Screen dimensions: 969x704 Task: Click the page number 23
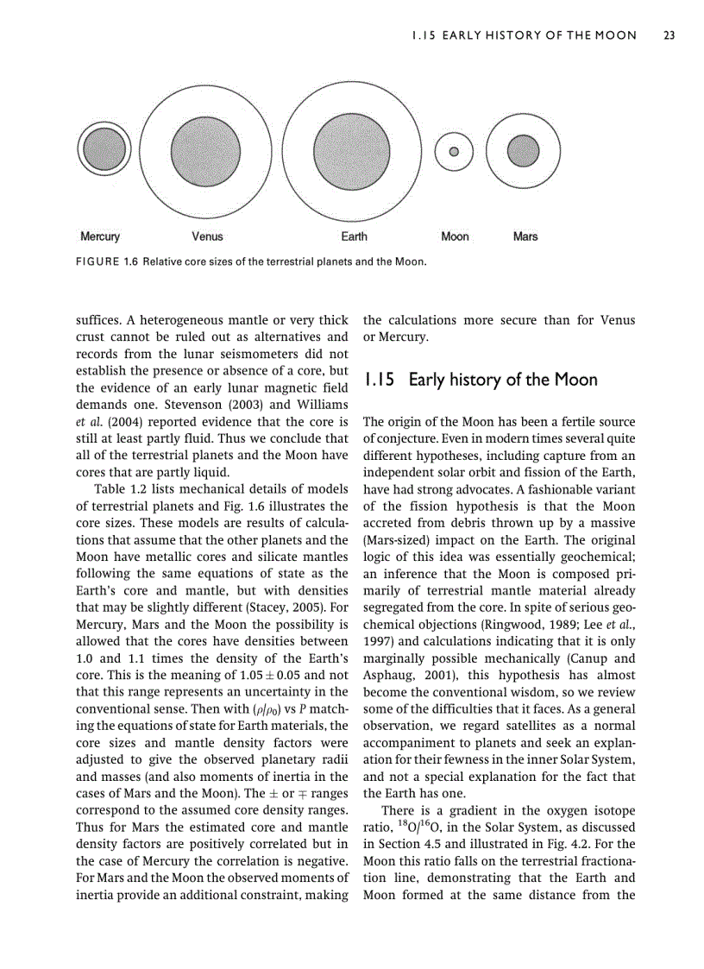coord(669,35)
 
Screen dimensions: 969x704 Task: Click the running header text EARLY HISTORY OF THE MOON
coord(524,35)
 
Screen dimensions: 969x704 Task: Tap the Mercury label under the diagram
coord(100,236)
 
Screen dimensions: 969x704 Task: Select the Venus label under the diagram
coord(207,236)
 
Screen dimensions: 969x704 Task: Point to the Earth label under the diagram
coord(354,236)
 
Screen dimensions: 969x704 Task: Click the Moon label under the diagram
coord(455,236)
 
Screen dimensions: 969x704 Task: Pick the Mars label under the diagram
coord(525,236)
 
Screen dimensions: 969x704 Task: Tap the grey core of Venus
coord(205,149)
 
